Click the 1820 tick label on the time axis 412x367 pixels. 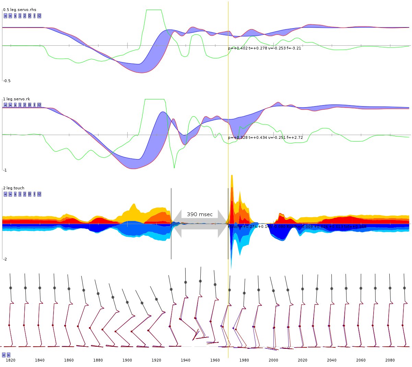(x=11, y=360)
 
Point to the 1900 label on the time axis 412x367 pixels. (x=127, y=360)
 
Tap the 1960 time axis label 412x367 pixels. (x=215, y=360)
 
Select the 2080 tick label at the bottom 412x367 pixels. (x=390, y=360)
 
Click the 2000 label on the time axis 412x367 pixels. (x=273, y=360)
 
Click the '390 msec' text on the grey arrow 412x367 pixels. (x=200, y=214)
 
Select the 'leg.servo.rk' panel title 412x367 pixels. (x=18, y=99)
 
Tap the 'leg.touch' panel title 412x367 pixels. (x=15, y=188)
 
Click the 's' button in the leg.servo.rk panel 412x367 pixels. (x=15, y=105)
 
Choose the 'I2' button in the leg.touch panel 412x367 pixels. (x=39, y=194)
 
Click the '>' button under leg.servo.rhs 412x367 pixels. (x=10, y=16)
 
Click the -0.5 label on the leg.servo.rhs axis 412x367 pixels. (x=7, y=81)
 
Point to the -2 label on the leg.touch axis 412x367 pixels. (x=5, y=259)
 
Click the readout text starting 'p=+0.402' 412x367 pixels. (x=264, y=48)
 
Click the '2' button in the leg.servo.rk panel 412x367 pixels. (x=25, y=105)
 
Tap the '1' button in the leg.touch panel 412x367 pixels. (x=20, y=194)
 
